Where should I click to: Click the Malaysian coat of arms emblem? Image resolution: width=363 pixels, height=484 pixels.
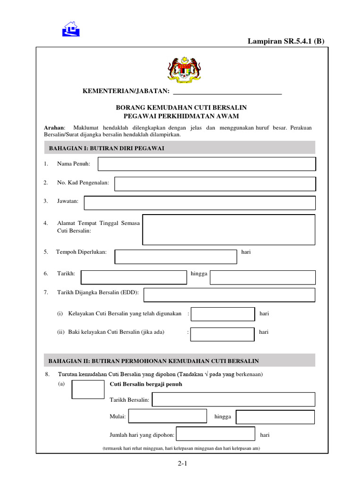coord(183,69)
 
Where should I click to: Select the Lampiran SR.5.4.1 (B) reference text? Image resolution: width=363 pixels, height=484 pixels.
coord(286,41)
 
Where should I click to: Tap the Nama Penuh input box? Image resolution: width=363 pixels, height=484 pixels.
coord(207,164)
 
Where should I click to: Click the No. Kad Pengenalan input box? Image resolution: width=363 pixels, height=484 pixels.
coord(215,184)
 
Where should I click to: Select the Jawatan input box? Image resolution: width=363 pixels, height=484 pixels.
coord(199,203)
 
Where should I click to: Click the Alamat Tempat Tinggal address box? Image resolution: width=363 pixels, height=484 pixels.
coord(229,230)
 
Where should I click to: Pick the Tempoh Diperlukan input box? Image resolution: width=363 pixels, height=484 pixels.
coord(176,257)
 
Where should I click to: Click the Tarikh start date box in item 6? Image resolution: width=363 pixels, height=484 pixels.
coord(134,277)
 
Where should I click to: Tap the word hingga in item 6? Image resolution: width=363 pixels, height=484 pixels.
coord(199,274)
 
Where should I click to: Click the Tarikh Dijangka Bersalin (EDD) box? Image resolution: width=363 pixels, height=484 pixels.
coord(229,295)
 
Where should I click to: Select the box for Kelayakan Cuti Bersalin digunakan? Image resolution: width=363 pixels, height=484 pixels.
coord(223,314)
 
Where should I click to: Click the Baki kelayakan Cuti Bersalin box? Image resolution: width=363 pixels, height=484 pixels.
coord(223,334)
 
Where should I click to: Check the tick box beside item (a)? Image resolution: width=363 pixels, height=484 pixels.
coord(88,389)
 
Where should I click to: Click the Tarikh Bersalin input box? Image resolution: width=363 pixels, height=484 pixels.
coord(233,399)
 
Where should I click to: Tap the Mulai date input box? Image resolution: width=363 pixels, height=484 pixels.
coord(168,416)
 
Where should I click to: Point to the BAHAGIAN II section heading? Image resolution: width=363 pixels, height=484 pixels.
coord(154,361)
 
